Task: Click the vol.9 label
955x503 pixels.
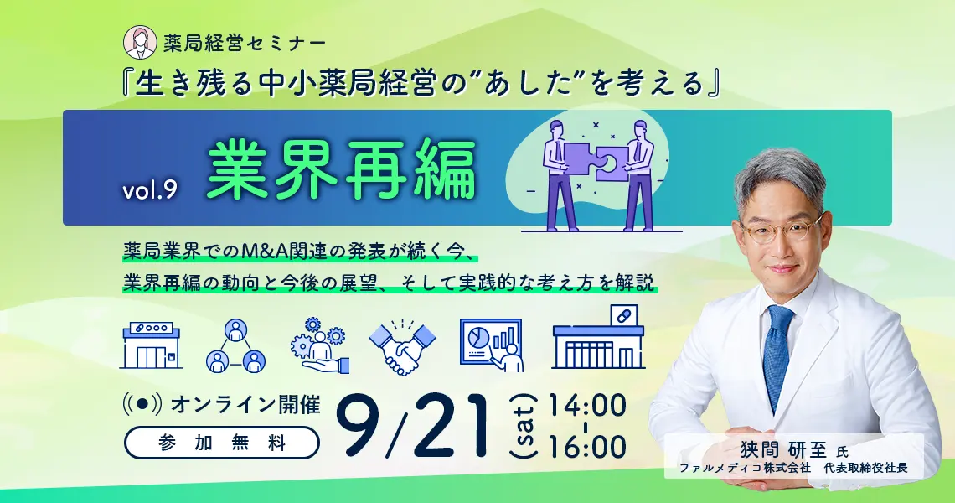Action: pyautogui.click(x=149, y=190)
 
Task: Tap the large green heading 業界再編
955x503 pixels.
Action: pyautogui.click(x=342, y=171)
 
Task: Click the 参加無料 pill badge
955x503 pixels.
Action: pyautogui.click(x=222, y=443)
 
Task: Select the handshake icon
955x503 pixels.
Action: pyautogui.click(x=403, y=346)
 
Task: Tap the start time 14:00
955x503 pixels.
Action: pyautogui.click(x=587, y=407)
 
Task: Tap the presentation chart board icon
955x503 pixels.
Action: pyautogui.click(x=492, y=345)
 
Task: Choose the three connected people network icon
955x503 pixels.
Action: pyautogui.click(x=235, y=345)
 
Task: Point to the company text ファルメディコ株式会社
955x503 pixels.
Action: pyautogui.click(x=744, y=469)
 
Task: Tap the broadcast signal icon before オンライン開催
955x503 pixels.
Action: pyautogui.click(x=142, y=405)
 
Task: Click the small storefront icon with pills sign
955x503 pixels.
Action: pyautogui.click(x=152, y=345)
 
